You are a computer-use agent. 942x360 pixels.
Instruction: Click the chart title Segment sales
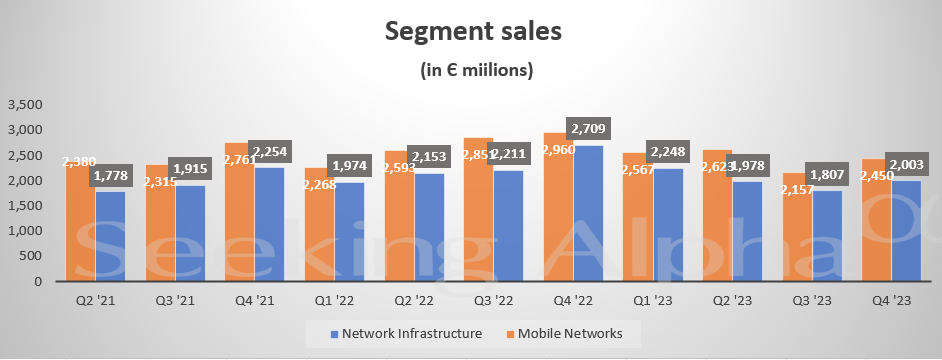474,31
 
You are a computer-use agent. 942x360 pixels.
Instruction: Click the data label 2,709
589,128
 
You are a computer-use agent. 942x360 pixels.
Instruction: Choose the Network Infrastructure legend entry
406,331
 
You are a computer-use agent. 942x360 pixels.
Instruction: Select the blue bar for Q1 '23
667,225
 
